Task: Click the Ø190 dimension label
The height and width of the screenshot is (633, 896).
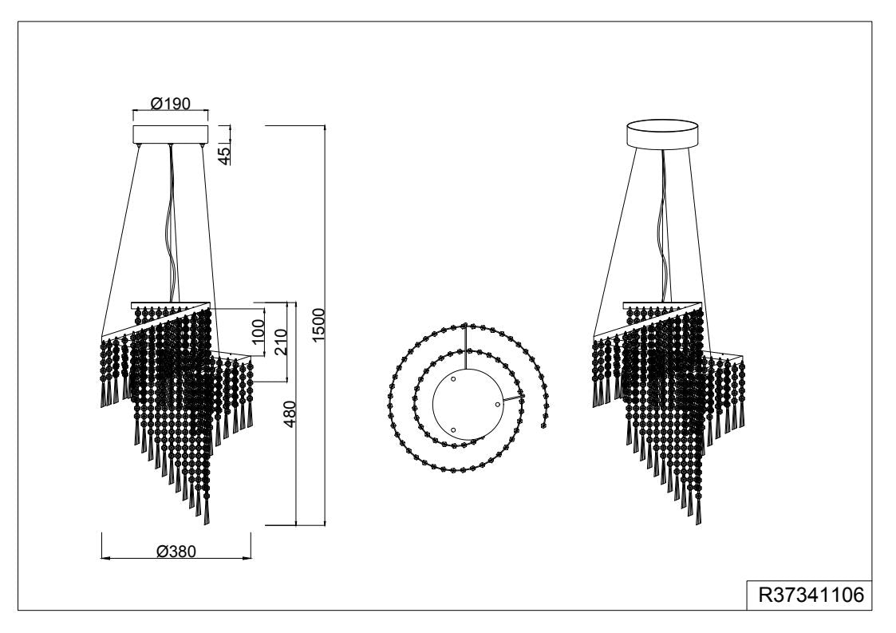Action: [170, 103]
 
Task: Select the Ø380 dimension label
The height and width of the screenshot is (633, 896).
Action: [176, 552]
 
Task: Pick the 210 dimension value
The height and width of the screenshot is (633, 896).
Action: [281, 342]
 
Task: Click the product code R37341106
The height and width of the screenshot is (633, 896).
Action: [811, 595]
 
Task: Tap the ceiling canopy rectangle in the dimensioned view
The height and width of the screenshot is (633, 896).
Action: [170, 134]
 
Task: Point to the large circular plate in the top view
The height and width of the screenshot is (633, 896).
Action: [468, 404]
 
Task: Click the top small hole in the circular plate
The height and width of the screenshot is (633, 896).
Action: [453, 379]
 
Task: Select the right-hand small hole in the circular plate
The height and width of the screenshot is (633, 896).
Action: [497, 404]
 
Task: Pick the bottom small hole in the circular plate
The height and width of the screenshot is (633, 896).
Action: [453, 430]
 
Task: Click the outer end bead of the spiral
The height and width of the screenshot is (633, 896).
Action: [543, 425]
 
